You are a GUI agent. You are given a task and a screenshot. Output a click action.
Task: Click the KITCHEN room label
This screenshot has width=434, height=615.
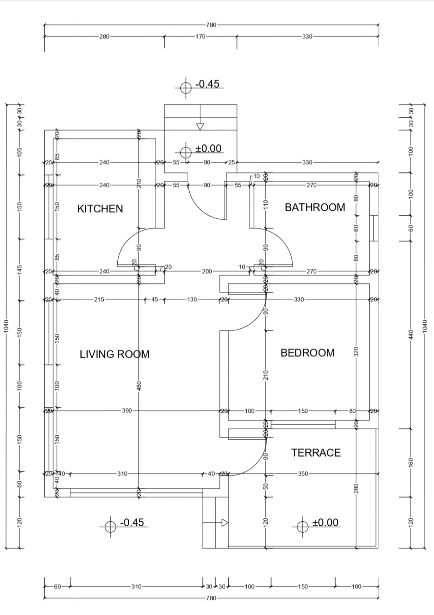point(100,209)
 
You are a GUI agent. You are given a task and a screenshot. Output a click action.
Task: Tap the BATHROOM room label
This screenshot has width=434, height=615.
point(315,207)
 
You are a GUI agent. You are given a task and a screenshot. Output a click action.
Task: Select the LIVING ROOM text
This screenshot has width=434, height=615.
point(115,354)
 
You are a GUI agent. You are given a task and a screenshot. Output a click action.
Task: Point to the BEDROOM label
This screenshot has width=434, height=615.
point(307,353)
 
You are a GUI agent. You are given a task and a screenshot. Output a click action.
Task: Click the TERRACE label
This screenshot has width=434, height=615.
point(316,453)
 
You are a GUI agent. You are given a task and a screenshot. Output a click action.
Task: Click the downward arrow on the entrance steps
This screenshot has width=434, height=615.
point(200,127)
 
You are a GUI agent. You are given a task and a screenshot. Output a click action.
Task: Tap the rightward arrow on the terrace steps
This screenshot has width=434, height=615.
point(225,523)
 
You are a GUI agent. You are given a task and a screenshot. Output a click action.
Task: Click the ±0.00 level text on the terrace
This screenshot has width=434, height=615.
point(325,523)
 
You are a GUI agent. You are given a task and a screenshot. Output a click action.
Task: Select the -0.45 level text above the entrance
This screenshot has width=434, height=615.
point(207,84)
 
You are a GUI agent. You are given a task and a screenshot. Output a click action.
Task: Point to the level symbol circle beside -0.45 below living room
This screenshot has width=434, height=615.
point(111,527)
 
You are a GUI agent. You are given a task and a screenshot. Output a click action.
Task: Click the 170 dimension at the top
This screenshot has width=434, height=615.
point(200,37)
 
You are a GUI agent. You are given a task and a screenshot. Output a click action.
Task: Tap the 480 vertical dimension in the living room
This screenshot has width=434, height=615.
point(139,385)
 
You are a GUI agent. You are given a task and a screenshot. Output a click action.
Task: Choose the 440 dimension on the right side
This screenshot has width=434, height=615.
point(410,334)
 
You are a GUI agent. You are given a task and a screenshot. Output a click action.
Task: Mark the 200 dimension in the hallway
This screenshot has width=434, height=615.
point(207,272)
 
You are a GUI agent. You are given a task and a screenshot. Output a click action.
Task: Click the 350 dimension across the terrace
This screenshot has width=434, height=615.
point(303,474)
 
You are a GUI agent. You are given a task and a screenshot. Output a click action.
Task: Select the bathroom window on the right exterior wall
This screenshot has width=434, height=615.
point(373,228)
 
